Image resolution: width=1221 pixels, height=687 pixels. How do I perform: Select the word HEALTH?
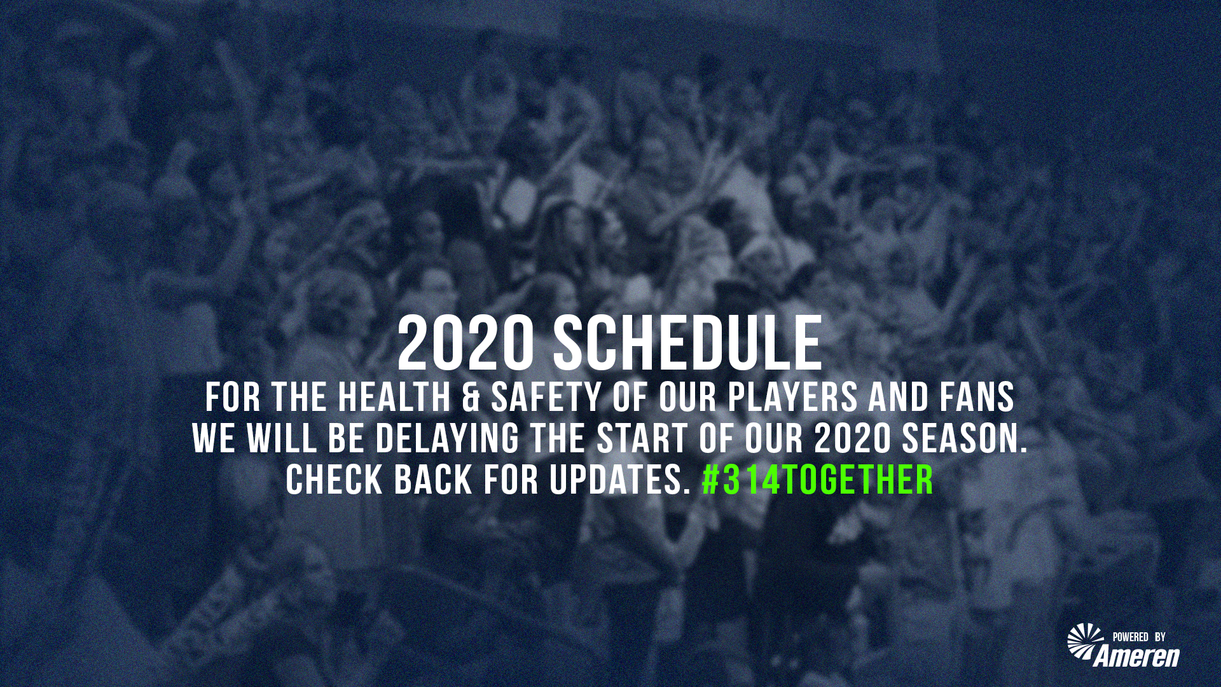click(394, 398)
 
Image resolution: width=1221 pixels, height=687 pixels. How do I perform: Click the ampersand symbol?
click(471, 398)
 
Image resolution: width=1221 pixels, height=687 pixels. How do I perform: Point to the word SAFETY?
click(546, 398)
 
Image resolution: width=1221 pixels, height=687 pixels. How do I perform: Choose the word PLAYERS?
click(793, 398)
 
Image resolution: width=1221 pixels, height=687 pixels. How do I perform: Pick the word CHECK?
click(335, 480)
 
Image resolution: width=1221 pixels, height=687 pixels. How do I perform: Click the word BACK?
click(433, 480)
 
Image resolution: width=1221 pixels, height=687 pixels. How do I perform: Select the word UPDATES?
click(620, 480)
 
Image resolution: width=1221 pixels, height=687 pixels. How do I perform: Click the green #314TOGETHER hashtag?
click(818, 480)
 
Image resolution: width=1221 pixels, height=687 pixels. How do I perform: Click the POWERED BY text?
click(1139, 637)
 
